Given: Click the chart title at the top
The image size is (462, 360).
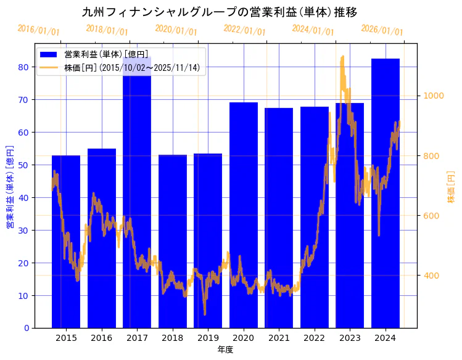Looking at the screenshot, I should (x=220, y=12).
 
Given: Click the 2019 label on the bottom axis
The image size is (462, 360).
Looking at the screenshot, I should (x=208, y=338).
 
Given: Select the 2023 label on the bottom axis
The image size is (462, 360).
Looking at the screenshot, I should (x=350, y=338).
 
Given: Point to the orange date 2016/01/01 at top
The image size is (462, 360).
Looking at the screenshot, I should (x=38, y=30).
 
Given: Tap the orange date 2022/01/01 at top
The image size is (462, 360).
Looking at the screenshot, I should (x=245, y=30).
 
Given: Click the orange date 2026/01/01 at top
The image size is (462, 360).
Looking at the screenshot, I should (x=382, y=30).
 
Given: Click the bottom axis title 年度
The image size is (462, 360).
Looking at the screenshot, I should (x=225, y=350).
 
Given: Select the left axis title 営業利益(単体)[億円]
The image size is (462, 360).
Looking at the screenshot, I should (x=9, y=187).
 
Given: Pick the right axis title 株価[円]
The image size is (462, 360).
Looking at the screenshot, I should (x=451, y=188).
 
